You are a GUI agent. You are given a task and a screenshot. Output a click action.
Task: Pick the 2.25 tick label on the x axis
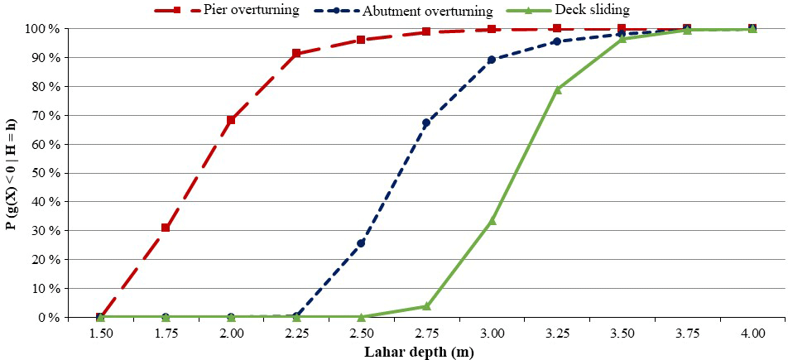(x=295, y=333)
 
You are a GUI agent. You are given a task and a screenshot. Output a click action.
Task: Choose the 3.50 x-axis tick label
(x=622, y=333)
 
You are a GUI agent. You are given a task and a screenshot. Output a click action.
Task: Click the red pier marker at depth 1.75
(x=166, y=228)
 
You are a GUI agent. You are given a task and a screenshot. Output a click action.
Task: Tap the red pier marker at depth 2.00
(x=231, y=120)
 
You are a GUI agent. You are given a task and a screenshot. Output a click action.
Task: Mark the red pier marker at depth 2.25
(x=296, y=54)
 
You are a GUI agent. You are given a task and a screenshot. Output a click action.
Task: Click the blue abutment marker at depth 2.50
(x=361, y=243)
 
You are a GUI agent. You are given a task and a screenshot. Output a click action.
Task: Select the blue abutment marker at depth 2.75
(x=426, y=122)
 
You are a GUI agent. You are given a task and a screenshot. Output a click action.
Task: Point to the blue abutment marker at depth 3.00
(x=492, y=60)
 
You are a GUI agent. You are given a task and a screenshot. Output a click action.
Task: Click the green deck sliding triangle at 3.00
(x=492, y=220)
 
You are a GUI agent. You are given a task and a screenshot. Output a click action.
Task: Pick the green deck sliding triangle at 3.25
(x=557, y=89)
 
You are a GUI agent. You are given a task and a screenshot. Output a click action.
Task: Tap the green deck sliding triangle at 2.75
(x=426, y=306)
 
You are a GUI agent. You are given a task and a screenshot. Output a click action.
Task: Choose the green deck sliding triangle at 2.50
(x=361, y=317)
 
